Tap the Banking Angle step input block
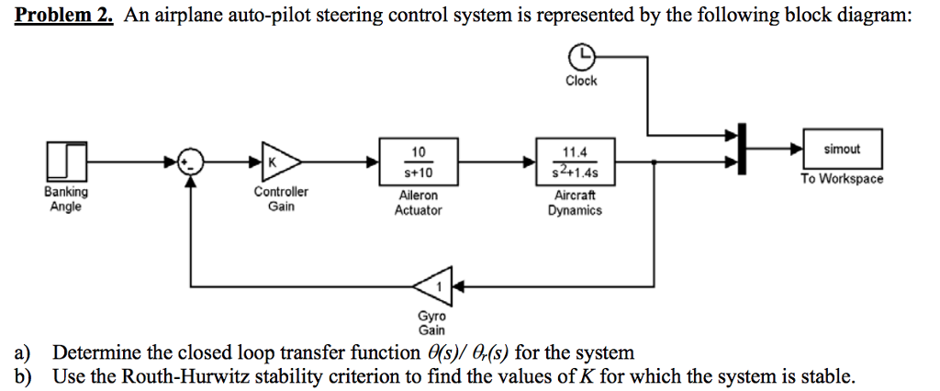click(65, 161)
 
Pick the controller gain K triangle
click(276, 161)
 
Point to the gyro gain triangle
click(433, 287)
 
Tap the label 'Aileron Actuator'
click(419, 203)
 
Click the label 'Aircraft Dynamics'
click(575, 203)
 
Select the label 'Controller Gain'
click(281, 199)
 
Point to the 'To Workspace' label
click(841, 179)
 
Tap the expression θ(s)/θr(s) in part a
click(469, 353)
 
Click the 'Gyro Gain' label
click(431, 323)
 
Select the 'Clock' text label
click(581, 82)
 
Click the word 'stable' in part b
click(831, 376)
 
